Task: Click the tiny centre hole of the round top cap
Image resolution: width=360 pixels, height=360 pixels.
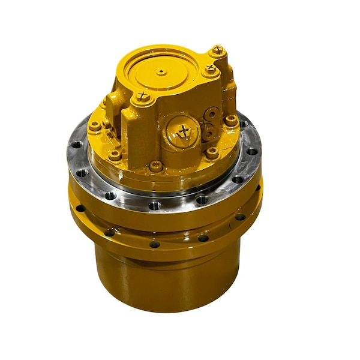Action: (161, 71)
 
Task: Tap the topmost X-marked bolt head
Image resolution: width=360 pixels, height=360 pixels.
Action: (217, 50)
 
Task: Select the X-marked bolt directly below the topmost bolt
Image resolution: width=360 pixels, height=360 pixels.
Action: (211, 70)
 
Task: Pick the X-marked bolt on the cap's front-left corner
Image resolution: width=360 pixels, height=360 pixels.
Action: (142, 97)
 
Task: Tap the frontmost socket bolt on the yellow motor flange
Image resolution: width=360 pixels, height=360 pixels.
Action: (157, 166)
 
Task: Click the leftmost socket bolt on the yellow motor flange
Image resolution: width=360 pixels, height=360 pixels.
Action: (94, 126)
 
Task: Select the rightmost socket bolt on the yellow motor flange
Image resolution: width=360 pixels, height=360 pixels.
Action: (232, 120)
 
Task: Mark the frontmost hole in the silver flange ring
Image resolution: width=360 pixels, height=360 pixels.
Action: (154, 205)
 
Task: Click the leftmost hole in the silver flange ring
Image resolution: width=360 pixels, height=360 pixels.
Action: (76, 145)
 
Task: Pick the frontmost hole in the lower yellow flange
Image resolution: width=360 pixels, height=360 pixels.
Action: (155, 244)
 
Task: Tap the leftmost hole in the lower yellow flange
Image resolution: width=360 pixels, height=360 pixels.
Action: (80, 208)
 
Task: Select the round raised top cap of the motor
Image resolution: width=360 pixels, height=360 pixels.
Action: (161, 72)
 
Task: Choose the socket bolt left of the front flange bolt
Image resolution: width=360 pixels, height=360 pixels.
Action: (115, 155)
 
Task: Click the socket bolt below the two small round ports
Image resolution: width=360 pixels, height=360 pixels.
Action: (212, 154)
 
